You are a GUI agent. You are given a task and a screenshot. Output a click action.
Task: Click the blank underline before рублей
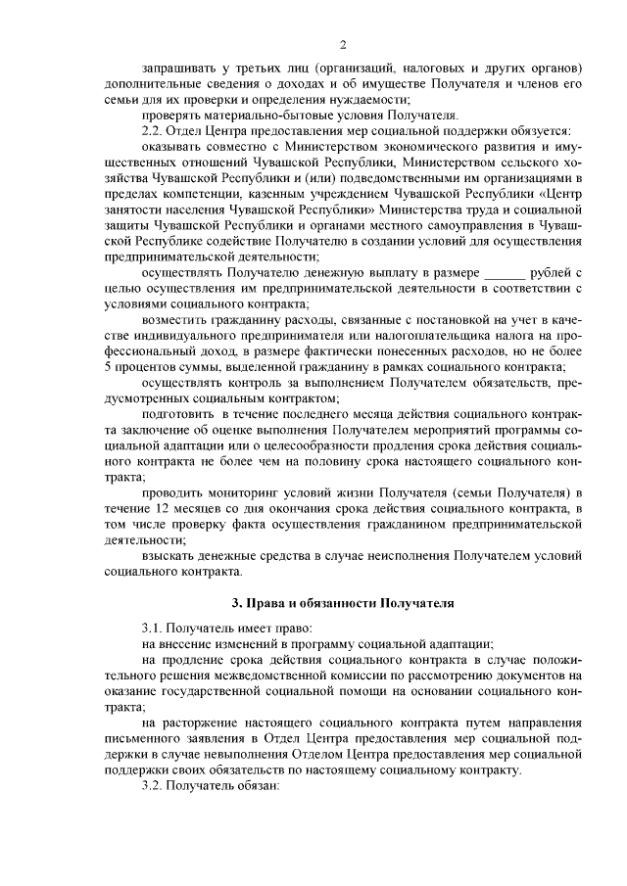(x=506, y=269)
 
